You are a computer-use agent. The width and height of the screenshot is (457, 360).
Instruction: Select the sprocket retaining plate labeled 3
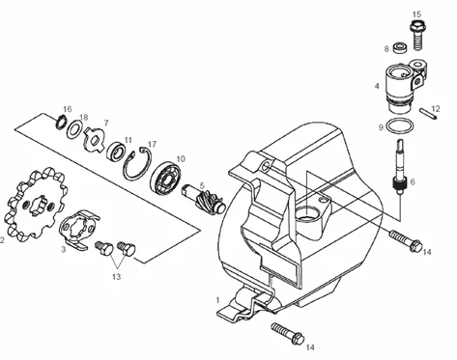coord(78,230)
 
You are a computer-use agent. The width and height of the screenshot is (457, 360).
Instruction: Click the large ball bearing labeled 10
coord(167,180)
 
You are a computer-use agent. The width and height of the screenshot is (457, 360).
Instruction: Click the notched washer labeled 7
coord(94,139)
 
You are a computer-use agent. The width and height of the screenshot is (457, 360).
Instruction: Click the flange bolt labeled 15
coord(417,35)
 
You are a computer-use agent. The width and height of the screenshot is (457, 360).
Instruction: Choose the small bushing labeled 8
coord(400,47)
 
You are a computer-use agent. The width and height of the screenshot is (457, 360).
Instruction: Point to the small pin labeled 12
coord(428,114)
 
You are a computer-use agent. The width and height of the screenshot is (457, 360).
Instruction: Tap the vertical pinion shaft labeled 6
coord(399,167)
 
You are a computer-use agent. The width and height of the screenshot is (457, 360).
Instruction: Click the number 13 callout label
coord(116,276)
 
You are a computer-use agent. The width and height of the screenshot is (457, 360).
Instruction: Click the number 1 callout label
coord(217,300)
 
